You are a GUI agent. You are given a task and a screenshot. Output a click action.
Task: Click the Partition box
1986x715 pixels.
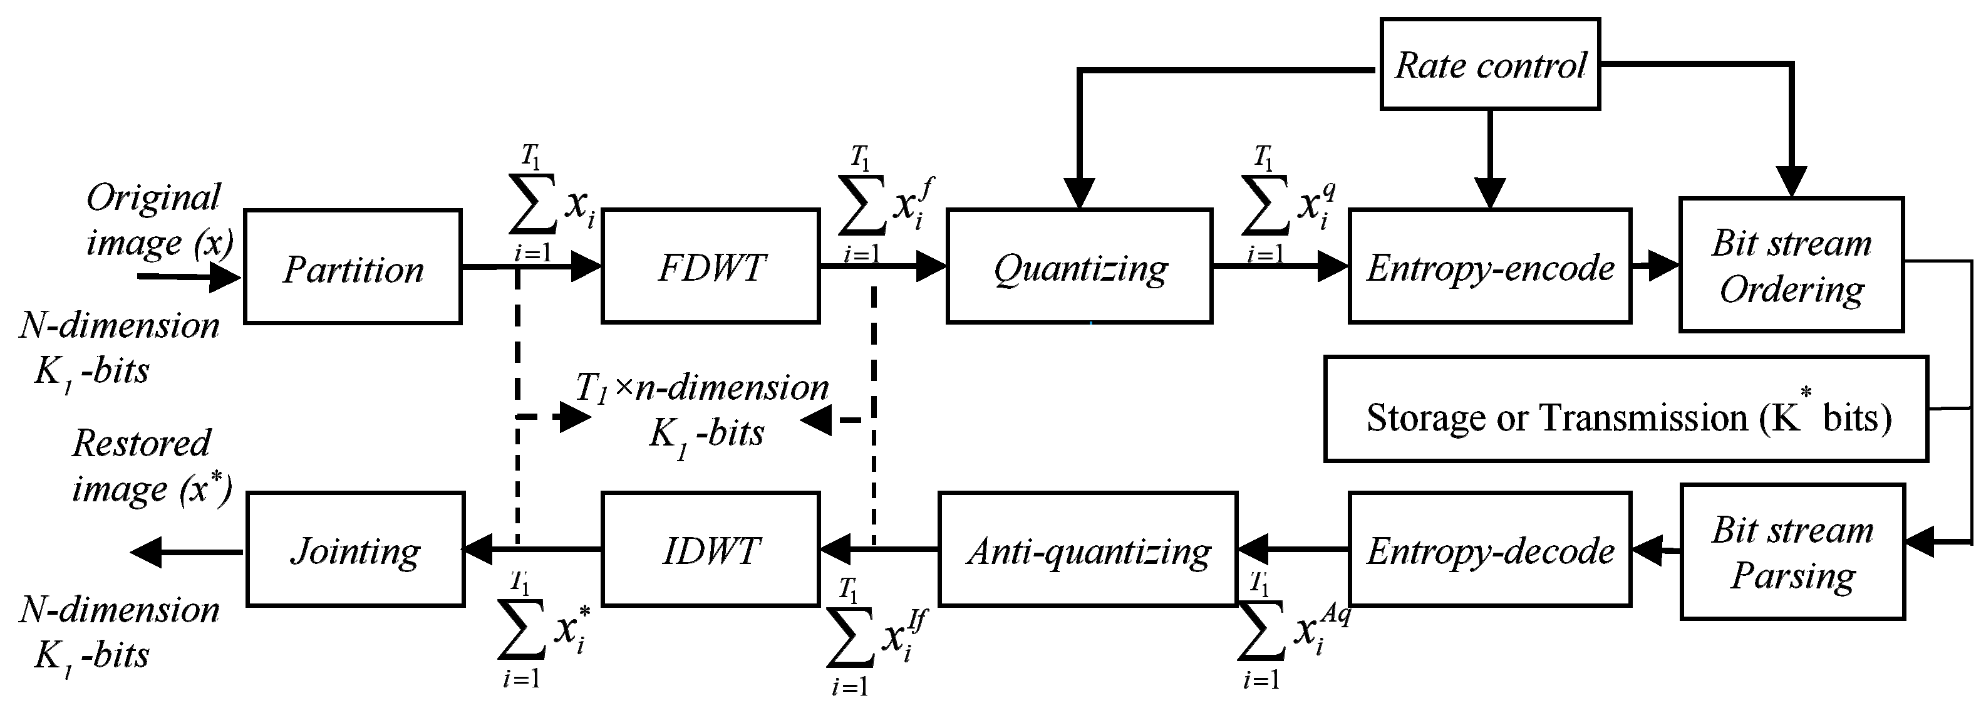(x=353, y=267)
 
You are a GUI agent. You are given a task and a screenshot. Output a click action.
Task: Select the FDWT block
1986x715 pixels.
(x=710, y=266)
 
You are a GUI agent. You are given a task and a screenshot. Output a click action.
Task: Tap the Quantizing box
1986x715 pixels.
(x=1078, y=266)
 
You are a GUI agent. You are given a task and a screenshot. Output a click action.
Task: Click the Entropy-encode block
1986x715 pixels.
(x=1489, y=266)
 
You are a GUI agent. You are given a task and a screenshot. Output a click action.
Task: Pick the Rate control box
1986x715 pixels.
(x=1489, y=64)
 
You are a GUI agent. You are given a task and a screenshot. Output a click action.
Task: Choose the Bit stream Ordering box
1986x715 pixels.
(x=1791, y=264)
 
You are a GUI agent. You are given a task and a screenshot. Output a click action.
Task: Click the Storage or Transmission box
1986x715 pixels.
(x=1625, y=409)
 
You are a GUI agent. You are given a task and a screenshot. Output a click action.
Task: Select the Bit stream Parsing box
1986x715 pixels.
(x=1792, y=551)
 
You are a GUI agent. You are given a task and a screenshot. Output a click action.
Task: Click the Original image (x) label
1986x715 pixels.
(x=158, y=219)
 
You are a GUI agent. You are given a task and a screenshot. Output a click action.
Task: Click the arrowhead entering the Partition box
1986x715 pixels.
(x=226, y=277)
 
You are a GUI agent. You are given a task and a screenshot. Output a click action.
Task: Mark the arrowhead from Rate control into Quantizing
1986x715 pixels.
(x=1078, y=193)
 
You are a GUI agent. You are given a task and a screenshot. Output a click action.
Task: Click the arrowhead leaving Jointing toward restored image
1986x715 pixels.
(x=147, y=551)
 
